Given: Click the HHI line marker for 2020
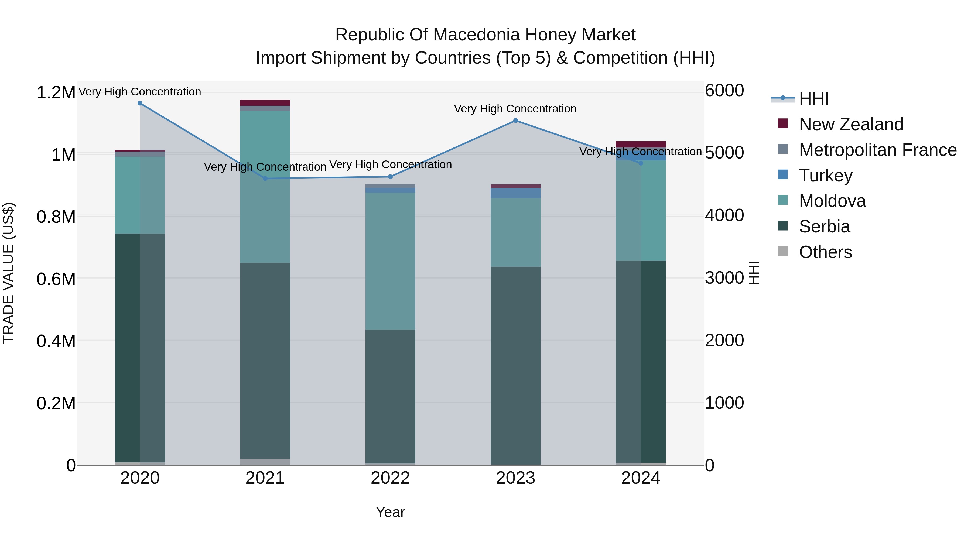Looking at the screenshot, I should pos(140,103).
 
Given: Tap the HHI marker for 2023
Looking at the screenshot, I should pos(515,121).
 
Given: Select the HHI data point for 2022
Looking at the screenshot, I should pos(390,177).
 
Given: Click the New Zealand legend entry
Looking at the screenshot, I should pos(851,124).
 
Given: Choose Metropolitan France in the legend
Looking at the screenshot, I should pos(877,150).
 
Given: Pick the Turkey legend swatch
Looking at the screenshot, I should pos(783,175).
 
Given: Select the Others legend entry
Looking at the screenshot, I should pos(825,252).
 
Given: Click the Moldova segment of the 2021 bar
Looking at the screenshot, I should pos(265,187).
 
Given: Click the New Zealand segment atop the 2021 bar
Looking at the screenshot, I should pos(265,103).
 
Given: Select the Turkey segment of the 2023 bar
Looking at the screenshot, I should pos(515,193).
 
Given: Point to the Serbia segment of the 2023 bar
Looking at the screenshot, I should pos(515,366).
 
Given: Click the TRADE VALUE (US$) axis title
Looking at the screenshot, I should pos(8,273).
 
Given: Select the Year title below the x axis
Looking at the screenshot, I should pos(390,512).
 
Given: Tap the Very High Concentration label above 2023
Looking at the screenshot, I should pos(515,108).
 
